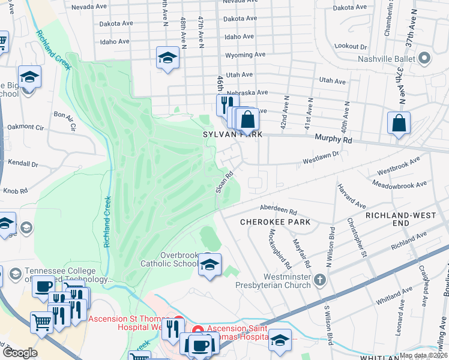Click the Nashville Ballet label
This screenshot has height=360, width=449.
click(x=387, y=59)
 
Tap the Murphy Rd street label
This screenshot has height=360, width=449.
click(x=333, y=139)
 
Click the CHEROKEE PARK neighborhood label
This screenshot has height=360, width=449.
click(x=276, y=222)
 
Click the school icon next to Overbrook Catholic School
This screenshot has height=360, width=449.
click(x=209, y=265)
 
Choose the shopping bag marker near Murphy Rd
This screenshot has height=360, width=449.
click(x=399, y=124)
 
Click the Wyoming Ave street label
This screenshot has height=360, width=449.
click(x=245, y=55)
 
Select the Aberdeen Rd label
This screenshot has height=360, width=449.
click(x=279, y=211)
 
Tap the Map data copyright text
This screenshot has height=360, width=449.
click(x=423, y=355)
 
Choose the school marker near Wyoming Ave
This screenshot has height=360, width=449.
click(x=168, y=58)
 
